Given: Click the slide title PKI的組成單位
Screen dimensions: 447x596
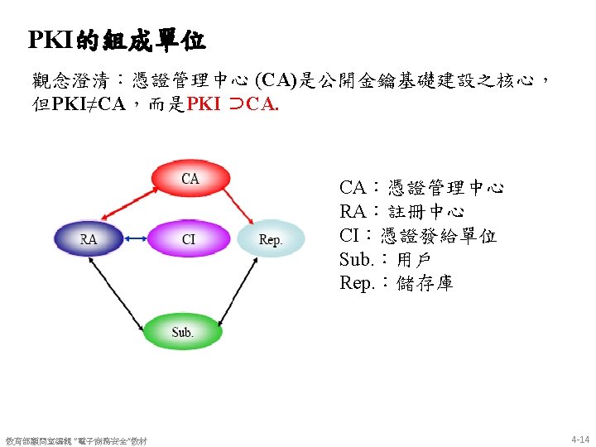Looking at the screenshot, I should [117, 39].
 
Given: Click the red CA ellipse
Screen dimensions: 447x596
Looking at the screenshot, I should [190, 179].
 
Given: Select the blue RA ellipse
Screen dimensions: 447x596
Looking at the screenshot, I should [89, 240].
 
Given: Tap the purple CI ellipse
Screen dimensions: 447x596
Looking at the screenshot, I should [189, 240].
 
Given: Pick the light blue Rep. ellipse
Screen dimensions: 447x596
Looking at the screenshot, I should [271, 240].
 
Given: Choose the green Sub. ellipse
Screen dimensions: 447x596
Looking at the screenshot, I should [183, 332].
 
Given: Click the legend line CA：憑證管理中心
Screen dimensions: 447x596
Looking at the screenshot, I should [421, 188].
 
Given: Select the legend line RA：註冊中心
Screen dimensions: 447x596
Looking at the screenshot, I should [401, 212].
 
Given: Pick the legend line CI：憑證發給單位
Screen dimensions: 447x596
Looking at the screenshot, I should [418, 236].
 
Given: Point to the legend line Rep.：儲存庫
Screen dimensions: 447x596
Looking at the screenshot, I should [396, 283].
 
